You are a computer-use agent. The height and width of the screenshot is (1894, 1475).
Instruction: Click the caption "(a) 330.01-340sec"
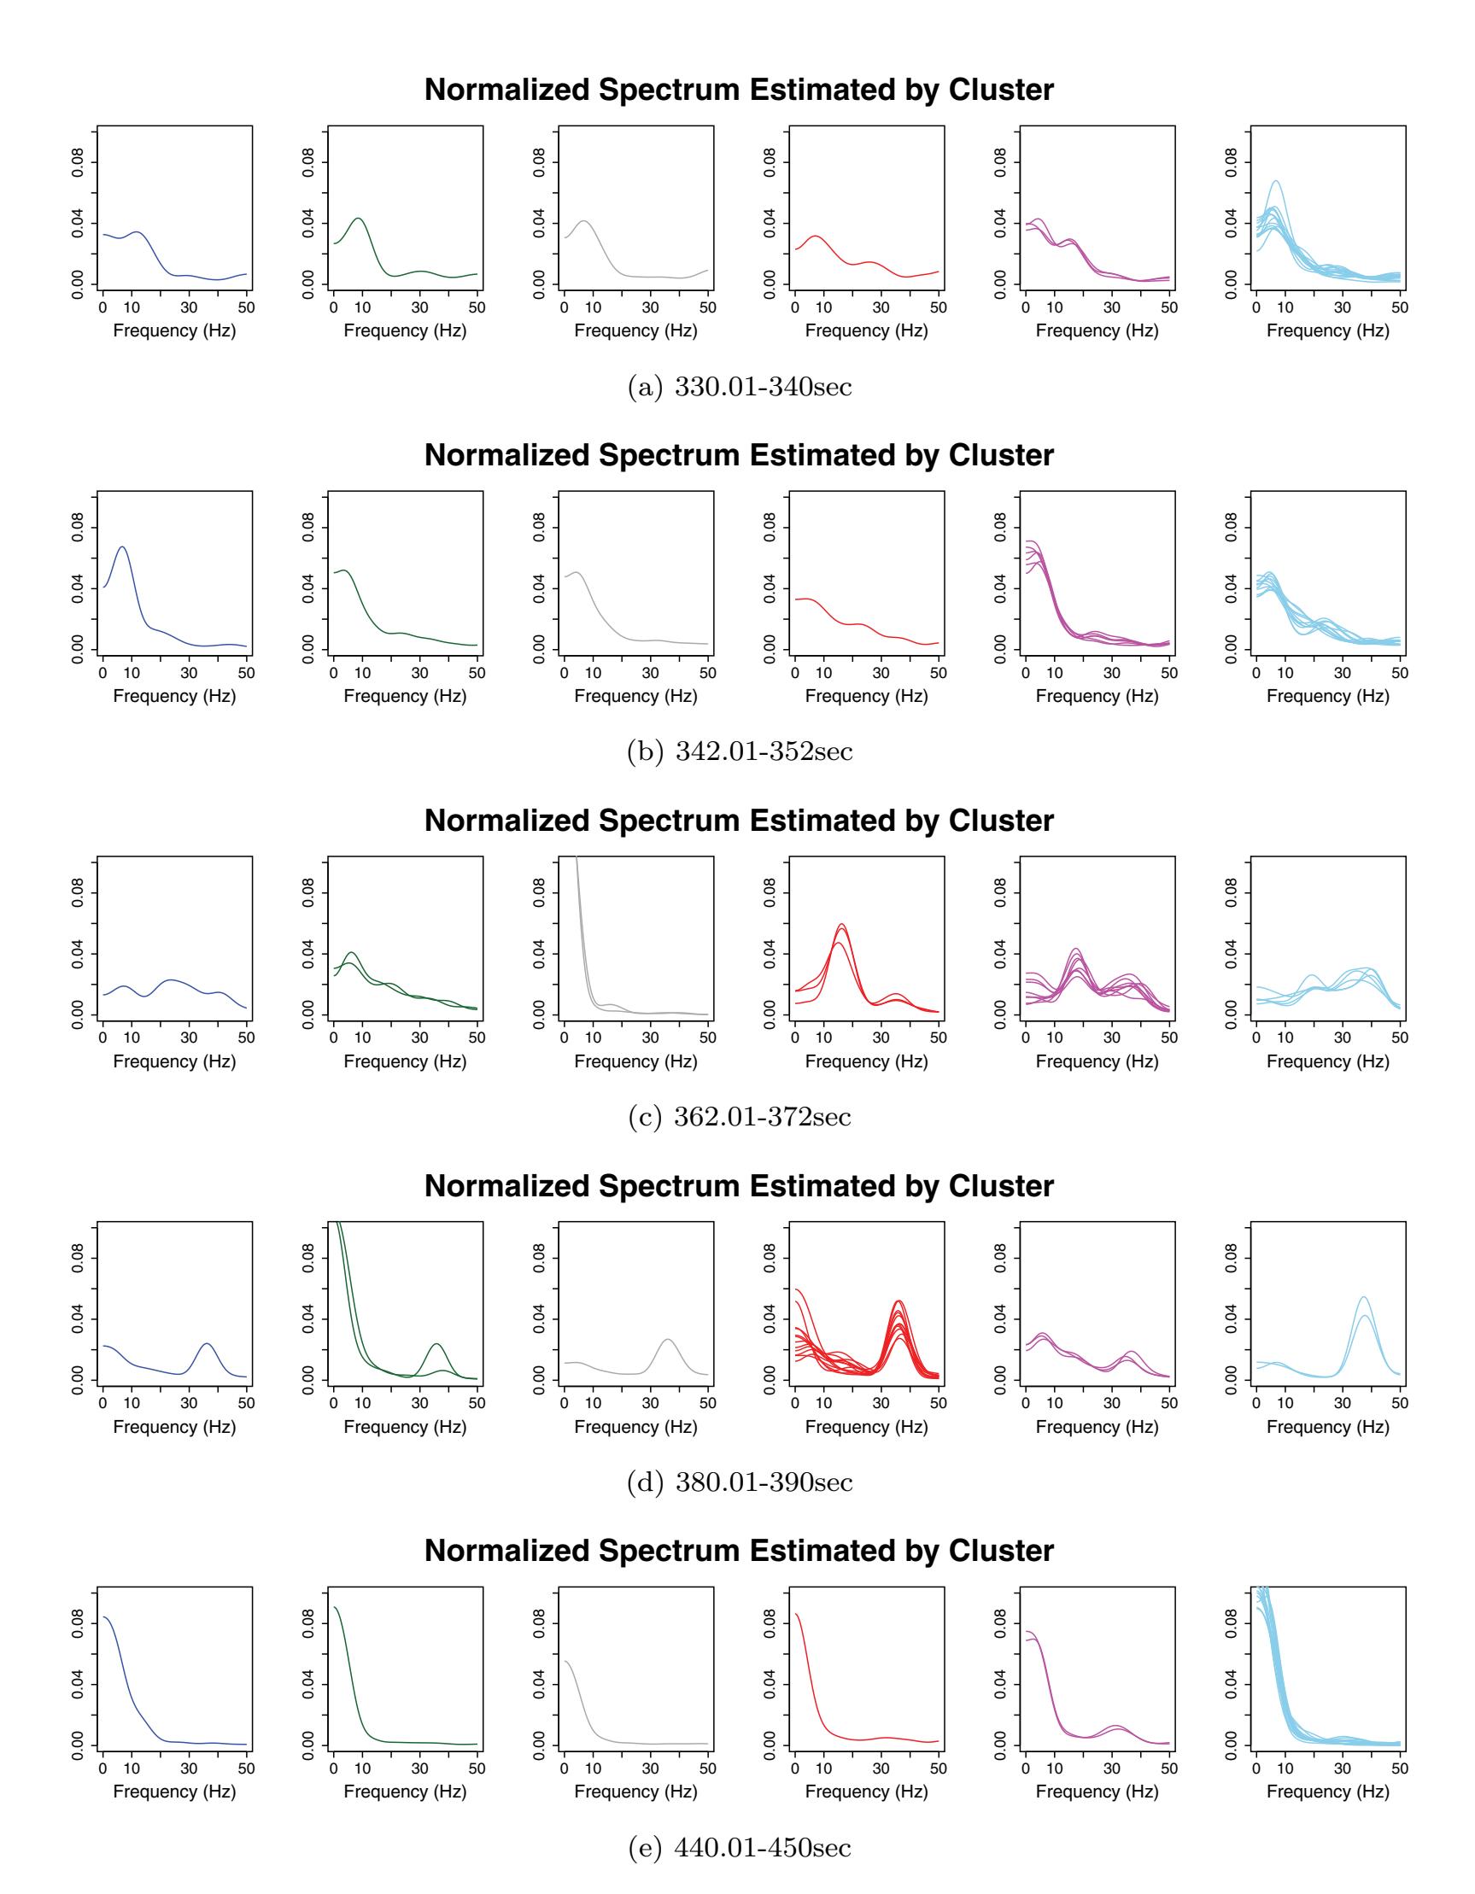point(739,387)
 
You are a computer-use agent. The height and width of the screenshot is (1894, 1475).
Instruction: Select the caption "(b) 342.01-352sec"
point(739,751)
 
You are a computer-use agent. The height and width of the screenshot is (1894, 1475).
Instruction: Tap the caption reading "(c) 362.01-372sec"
point(739,1117)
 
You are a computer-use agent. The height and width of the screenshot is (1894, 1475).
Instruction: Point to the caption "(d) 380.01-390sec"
point(739,1482)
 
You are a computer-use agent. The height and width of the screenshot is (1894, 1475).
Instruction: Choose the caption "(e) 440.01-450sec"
point(739,1847)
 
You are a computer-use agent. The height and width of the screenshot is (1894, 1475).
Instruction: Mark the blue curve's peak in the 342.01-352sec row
point(122,547)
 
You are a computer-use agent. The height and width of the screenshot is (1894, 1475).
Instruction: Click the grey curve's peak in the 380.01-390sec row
point(667,1340)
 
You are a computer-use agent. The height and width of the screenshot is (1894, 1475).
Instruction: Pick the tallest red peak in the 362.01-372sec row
point(841,925)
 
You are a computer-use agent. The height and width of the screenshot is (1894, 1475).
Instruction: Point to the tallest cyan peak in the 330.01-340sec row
point(1275,181)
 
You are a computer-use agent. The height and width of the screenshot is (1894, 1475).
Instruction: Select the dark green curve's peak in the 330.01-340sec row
point(357,219)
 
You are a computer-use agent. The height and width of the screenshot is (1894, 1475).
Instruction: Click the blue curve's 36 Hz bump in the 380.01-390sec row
point(207,1344)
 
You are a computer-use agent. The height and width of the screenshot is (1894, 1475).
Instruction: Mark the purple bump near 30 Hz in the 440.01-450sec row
point(1115,1727)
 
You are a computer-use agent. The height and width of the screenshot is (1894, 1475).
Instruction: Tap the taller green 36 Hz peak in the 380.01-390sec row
point(436,1344)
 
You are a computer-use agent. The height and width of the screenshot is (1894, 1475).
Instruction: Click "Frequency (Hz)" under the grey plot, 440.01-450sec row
point(635,1792)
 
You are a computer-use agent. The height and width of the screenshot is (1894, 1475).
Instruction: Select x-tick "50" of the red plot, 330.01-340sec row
point(939,307)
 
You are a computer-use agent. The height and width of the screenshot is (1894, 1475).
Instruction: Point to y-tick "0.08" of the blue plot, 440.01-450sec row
point(78,1623)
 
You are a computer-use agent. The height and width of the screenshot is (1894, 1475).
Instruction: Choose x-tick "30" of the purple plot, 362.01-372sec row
point(1112,1038)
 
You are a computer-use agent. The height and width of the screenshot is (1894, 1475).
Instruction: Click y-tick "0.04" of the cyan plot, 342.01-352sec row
point(1232,589)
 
